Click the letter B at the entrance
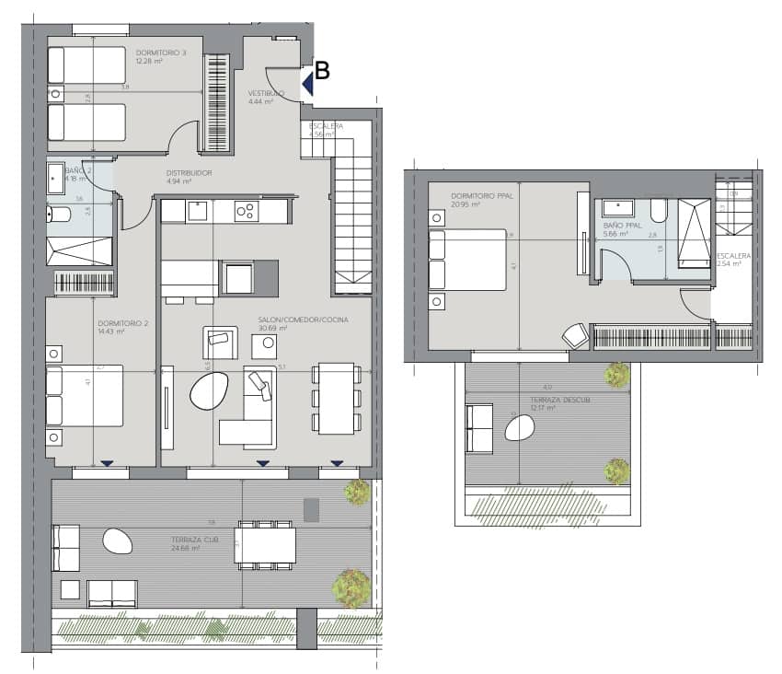point(322,70)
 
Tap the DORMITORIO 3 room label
point(161,53)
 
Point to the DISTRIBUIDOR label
point(190,173)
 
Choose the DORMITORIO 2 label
point(122,323)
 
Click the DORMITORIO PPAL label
point(483,196)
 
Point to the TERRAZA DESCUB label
point(559,401)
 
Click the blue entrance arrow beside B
point(307,84)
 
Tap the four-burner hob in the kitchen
point(247,211)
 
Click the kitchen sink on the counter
point(197,211)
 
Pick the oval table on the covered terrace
point(117,540)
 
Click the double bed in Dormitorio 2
point(85,395)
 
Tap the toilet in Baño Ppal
point(660,211)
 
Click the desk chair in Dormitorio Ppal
point(576,336)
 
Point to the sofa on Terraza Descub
point(479,428)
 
